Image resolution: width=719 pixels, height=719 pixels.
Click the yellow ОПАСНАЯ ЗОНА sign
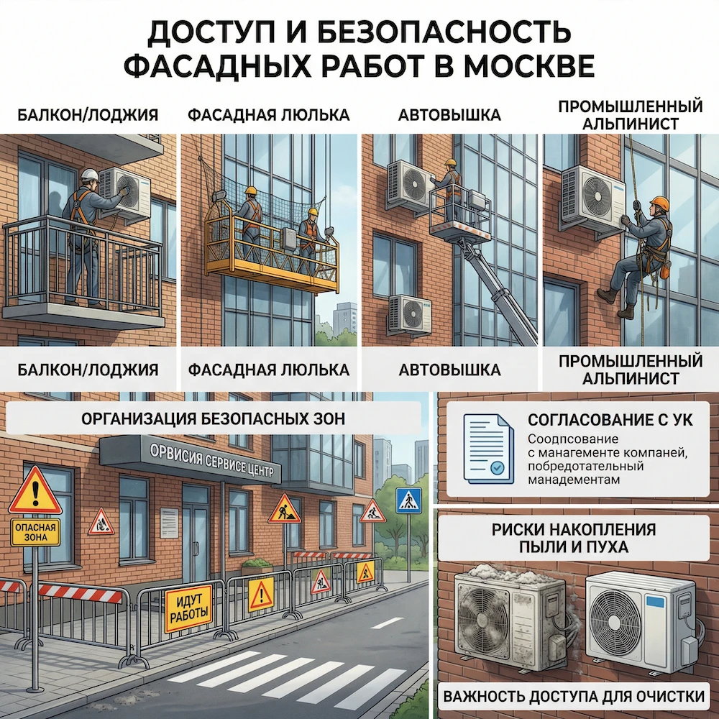point(35,533)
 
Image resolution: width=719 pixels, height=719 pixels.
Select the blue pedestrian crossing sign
point(409,499)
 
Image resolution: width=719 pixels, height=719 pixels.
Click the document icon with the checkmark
point(488,447)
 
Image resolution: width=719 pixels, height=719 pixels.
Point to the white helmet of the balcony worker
point(89,175)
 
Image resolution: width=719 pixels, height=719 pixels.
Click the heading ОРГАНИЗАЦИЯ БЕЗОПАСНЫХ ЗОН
point(213,418)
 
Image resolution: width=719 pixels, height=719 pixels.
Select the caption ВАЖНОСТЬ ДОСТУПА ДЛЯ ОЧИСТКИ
point(573,696)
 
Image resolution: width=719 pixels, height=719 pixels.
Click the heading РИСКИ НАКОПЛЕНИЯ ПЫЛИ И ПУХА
point(574,538)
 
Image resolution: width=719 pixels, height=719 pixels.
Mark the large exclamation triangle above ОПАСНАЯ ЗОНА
point(35,491)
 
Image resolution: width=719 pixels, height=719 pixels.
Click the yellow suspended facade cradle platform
point(272,252)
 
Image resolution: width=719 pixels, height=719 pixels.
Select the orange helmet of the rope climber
point(659,204)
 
